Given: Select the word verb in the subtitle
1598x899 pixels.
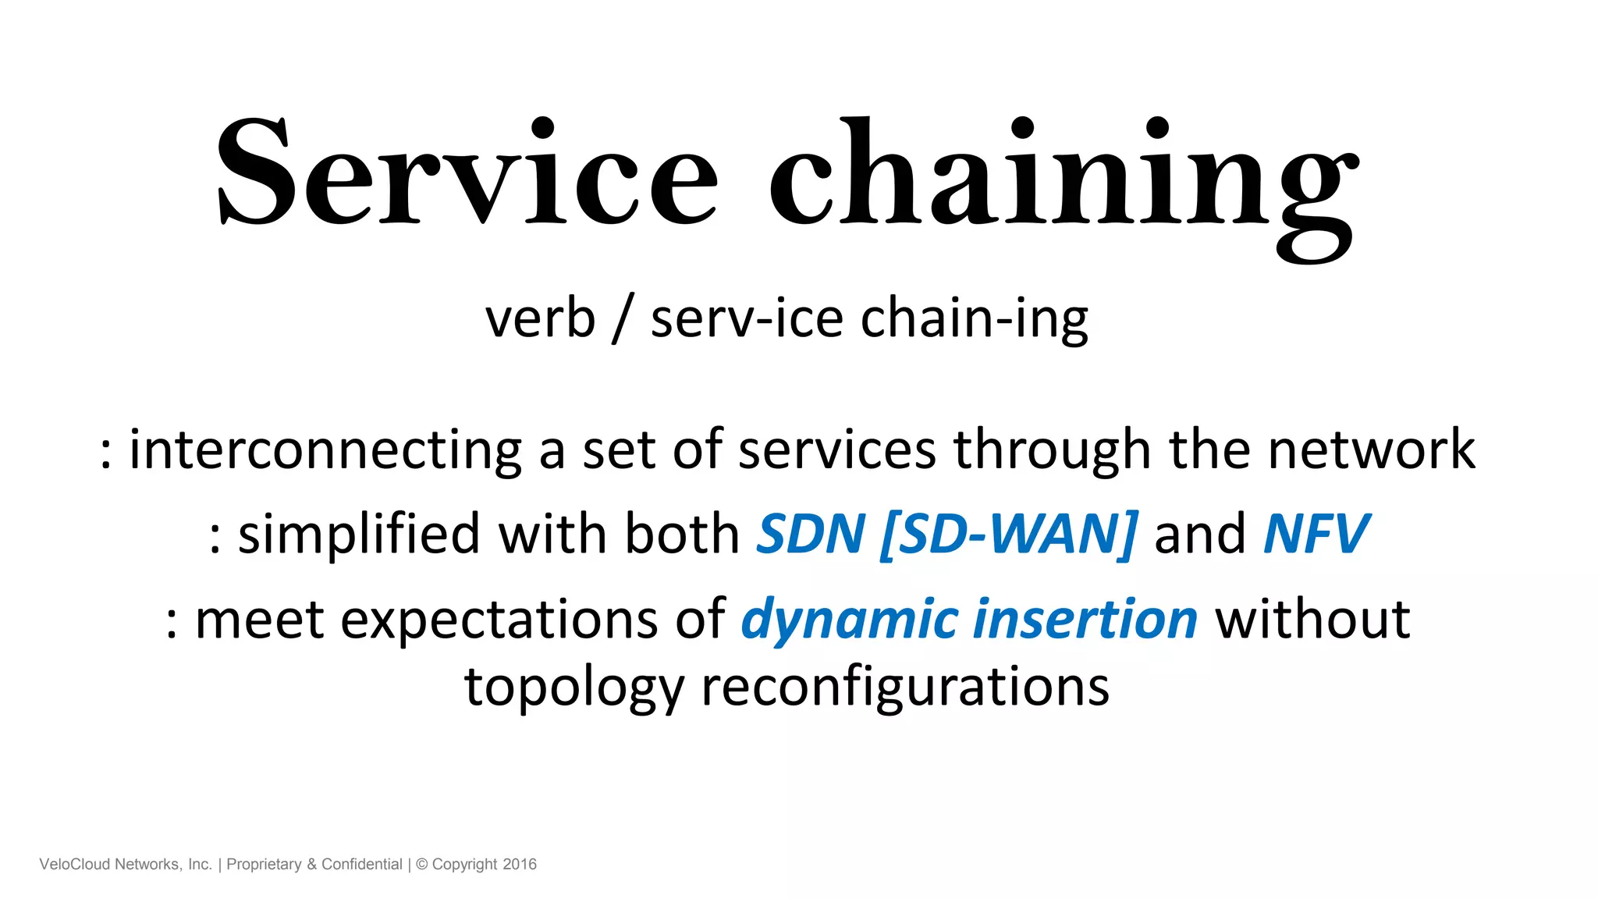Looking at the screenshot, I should point(540,319).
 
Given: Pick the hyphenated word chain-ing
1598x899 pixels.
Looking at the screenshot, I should point(974,319).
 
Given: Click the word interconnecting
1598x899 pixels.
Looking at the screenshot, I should point(325,450).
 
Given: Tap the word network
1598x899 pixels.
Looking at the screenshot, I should point(1371,450).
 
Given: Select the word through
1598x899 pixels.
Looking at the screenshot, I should point(1052,450).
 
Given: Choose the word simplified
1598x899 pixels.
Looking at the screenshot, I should point(358,535).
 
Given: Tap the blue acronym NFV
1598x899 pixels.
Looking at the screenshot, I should point(1316,535).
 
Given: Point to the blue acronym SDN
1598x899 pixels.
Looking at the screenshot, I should point(811,535).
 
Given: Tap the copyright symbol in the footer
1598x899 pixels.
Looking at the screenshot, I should point(422,865).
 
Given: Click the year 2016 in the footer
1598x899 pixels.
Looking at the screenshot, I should point(520,865).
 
